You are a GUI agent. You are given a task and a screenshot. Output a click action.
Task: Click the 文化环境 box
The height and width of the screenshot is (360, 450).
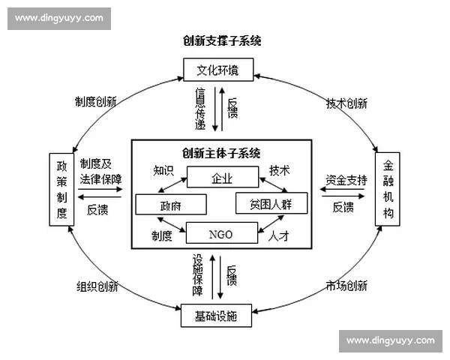218,70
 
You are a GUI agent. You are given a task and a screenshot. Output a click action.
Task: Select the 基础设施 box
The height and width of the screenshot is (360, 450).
218,316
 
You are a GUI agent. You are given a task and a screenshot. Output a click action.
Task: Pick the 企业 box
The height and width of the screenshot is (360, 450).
223,178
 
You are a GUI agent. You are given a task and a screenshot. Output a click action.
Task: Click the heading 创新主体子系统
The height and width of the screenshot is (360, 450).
221,153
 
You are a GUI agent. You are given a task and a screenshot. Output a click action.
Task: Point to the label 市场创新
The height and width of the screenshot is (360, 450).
346,286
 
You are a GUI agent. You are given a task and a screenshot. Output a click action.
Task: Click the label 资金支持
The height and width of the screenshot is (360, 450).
346,180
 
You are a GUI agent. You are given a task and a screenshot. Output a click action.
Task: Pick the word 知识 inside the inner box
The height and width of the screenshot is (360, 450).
164,170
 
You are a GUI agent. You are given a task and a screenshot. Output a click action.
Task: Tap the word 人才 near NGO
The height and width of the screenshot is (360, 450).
278,235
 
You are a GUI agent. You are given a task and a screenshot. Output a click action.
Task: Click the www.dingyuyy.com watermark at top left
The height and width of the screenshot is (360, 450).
59,18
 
